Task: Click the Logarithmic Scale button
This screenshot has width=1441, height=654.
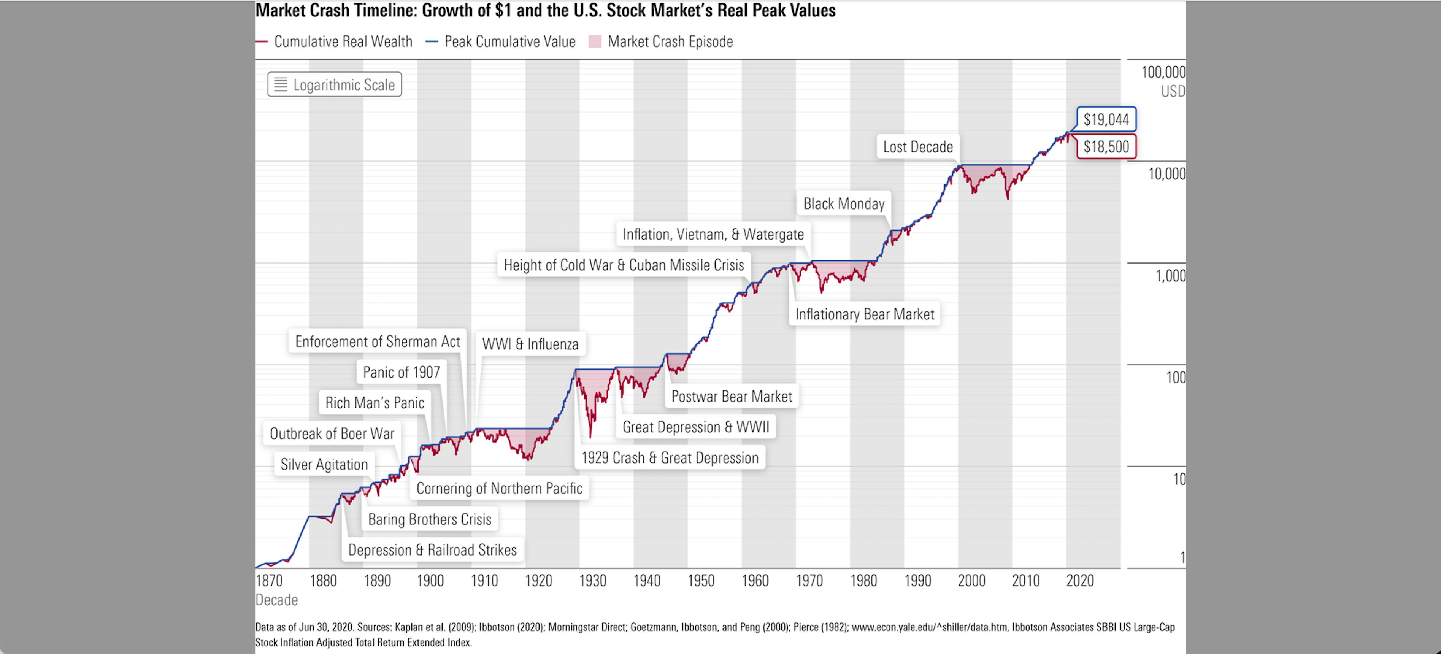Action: [335, 84]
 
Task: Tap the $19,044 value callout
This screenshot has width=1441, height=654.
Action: [1106, 119]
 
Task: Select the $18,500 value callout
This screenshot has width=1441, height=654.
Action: [1106, 146]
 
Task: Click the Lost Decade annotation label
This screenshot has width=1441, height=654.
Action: [917, 147]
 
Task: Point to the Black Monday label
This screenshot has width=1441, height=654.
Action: [844, 204]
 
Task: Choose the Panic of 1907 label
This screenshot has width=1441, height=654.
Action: [401, 372]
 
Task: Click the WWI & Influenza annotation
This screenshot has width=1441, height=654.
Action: [530, 344]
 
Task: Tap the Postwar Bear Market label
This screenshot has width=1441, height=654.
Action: [731, 397]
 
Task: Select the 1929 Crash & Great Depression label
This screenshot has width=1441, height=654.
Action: [670, 458]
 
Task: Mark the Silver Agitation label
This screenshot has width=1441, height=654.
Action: [324, 464]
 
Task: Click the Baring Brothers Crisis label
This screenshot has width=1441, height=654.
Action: [429, 519]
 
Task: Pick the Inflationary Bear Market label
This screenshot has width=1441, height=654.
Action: [864, 314]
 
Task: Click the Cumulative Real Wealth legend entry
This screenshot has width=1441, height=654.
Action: [342, 41]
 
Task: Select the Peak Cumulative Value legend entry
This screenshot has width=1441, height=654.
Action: [509, 41]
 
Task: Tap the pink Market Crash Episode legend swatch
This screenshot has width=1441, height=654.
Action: [595, 41]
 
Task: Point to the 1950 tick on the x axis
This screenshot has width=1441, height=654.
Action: [700, 581]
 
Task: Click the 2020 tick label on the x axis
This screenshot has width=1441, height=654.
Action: [1079, 581]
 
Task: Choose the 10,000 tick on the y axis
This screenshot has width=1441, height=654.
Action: [1166, 174]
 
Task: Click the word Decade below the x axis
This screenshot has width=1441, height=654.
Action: [276, 600]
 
